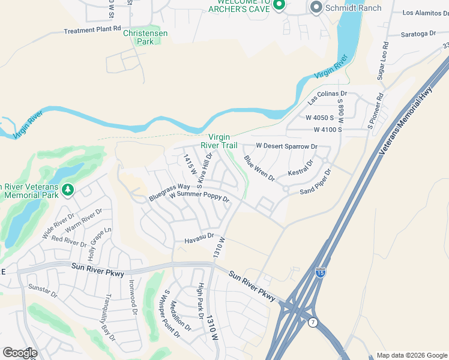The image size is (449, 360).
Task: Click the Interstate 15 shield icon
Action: (321, 274)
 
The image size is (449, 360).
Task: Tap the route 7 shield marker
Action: (312, 323)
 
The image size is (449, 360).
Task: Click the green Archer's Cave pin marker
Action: (278, 6)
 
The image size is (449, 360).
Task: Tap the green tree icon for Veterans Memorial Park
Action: (68, 190)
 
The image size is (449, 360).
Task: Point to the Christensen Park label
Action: (145, 37)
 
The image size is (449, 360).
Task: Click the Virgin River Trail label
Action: (223, 141)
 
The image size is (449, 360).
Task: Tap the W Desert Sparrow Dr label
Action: (286, 146)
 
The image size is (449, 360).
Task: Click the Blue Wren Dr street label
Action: (259, 169)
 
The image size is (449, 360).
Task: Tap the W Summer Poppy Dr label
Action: (199, 196)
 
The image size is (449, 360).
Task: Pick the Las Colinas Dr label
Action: (328, 94)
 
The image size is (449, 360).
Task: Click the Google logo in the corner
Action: (20, 352)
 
